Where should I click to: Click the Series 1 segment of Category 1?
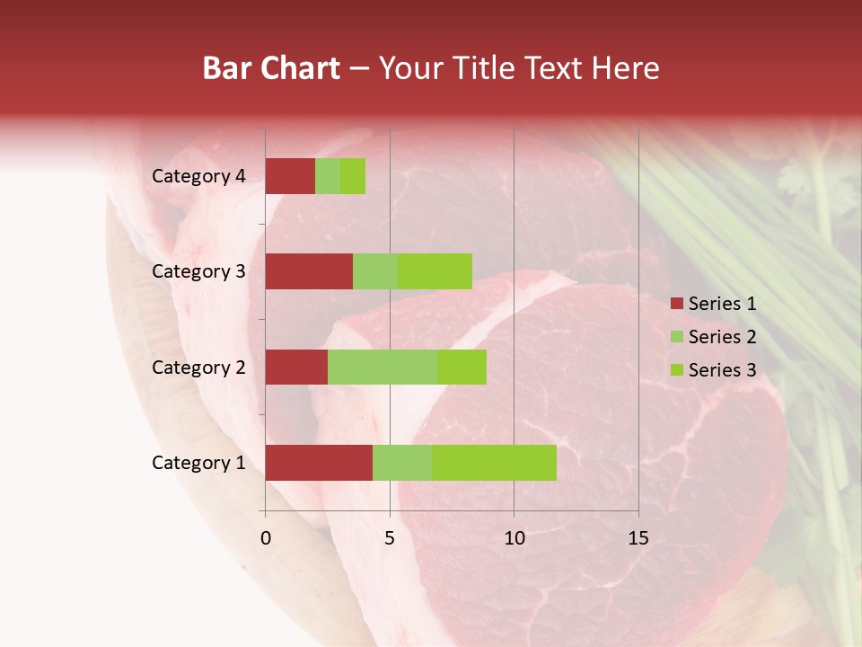[319, 463]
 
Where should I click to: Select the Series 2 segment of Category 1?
[402, 463]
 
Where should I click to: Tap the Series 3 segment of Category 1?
[494, 463]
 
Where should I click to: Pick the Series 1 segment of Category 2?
[296, 367]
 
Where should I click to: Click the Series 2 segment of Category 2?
[383, 367]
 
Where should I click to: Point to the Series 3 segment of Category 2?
[462, 367]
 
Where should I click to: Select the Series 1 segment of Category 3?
[309, 271]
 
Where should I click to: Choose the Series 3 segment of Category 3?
[435, 271]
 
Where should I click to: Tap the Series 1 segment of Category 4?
[290, 176]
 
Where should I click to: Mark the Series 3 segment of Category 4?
[353, 176]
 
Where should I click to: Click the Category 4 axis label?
[198, 176]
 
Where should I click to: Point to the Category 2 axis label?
[198, 367]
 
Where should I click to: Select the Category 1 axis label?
[198, 463]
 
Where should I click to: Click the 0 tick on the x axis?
[266, 538]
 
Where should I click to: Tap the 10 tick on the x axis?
[514, 538]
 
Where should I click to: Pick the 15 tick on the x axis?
[638, 538]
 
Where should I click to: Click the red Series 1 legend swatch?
[676, 304]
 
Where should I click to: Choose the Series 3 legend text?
[722, 370]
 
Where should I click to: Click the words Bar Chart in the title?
[271, 68]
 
